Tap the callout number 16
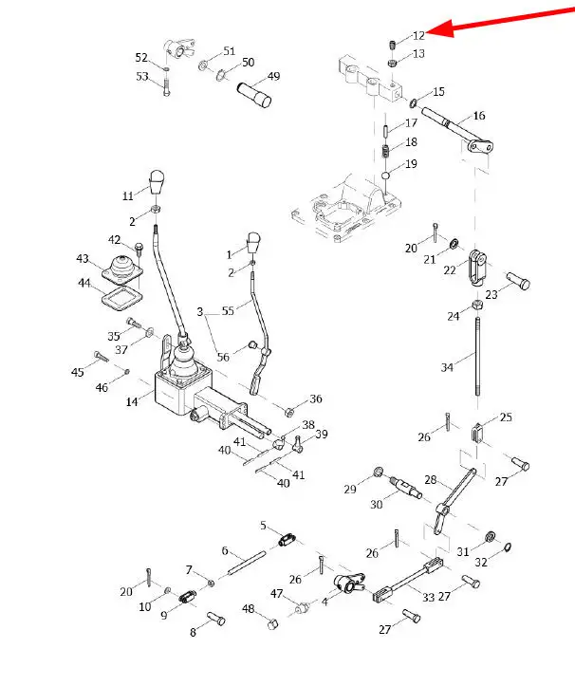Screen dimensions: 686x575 pyautogui.click(x=478, y=116)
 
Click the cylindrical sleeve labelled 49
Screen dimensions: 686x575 pyautogui.click(x=259, y=96)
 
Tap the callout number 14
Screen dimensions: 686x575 pyautogui.click(x=131, y=403)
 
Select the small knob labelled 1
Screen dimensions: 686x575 pyautogui.click(x=253, y=242)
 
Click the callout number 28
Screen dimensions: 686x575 pyautogui.click(x=431, y=482)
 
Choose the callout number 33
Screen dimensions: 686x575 pyautogui.click(x=429, y=597)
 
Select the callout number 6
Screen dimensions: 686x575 pyautogui.click(x=226, y=550)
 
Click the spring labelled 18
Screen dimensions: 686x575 pyautogui.click(x=387, y=151)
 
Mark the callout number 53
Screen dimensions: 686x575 pyautogui.click(x=142, y=76)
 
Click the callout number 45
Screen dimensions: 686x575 pyautogui.click(x=78, y=373)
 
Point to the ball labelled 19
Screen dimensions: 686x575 pyautogui.click(x=387, y=176)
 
